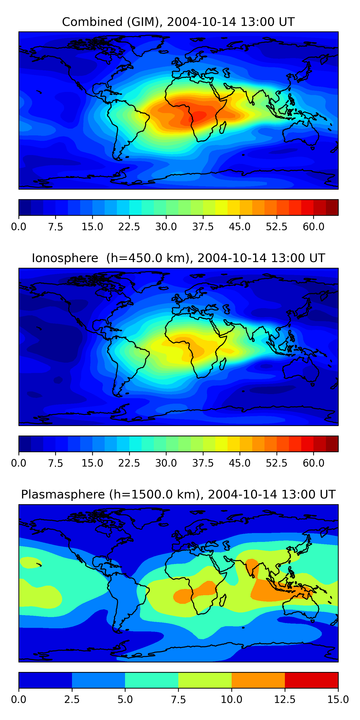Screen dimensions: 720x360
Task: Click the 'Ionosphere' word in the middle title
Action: pos(65,258)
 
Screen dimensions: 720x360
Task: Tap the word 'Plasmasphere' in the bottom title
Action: pos(63,494)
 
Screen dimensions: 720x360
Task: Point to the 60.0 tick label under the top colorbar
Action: pos(313,227)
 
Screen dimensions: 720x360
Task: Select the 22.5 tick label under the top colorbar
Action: pos(129,227)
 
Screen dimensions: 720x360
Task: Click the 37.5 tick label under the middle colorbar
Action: pos(203,463)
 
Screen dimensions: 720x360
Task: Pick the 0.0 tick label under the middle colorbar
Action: pos(19,463)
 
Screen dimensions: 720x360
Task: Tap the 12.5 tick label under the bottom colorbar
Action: pos(285,699)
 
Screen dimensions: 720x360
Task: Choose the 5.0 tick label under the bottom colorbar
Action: pos(125,699)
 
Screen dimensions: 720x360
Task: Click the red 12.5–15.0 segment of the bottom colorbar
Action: pos(311,680)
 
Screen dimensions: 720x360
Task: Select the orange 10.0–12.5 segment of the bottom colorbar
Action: pos(258,680)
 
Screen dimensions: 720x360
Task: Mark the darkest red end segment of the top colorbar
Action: pos(332,207)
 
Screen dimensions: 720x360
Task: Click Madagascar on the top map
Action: pos(223,127)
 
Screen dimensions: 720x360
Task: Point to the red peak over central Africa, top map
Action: pos(199,115)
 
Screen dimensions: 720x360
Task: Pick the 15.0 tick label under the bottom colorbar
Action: pos(338,699)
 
